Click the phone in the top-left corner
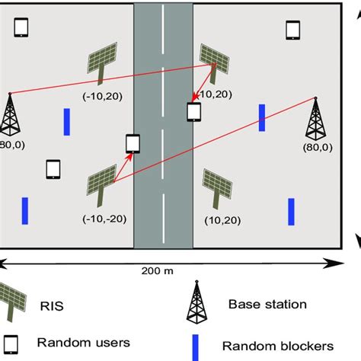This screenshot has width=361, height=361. point(21,28)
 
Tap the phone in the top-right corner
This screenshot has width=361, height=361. point(292,30)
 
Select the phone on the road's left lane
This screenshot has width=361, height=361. point(133,143)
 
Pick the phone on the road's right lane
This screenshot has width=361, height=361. point(194,111)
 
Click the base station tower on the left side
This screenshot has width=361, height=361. point(11,114)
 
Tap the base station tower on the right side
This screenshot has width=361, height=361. point(315,118)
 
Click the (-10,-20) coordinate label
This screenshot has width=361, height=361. point(101,219)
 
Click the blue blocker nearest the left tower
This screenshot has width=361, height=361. point(66,121)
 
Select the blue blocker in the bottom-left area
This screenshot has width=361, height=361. point(25,211)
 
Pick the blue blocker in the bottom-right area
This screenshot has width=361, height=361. point(291,211)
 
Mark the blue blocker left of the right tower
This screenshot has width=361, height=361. point(261,117)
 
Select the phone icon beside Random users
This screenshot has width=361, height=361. point(11,342)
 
